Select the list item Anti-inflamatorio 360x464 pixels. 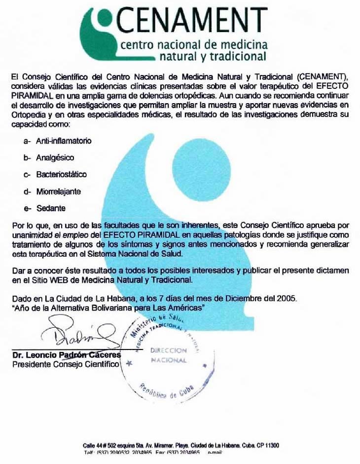[x=64, y=141]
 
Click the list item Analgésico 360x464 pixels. [x=55, y=158]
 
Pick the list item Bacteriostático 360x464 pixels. [x=61, y=174]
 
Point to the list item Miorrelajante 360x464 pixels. [x=58, y=191]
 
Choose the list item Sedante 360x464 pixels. [x=51, y=208]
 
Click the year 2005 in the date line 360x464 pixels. [x=286, y=299]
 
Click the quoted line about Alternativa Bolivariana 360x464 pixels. [x=108, y=307]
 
